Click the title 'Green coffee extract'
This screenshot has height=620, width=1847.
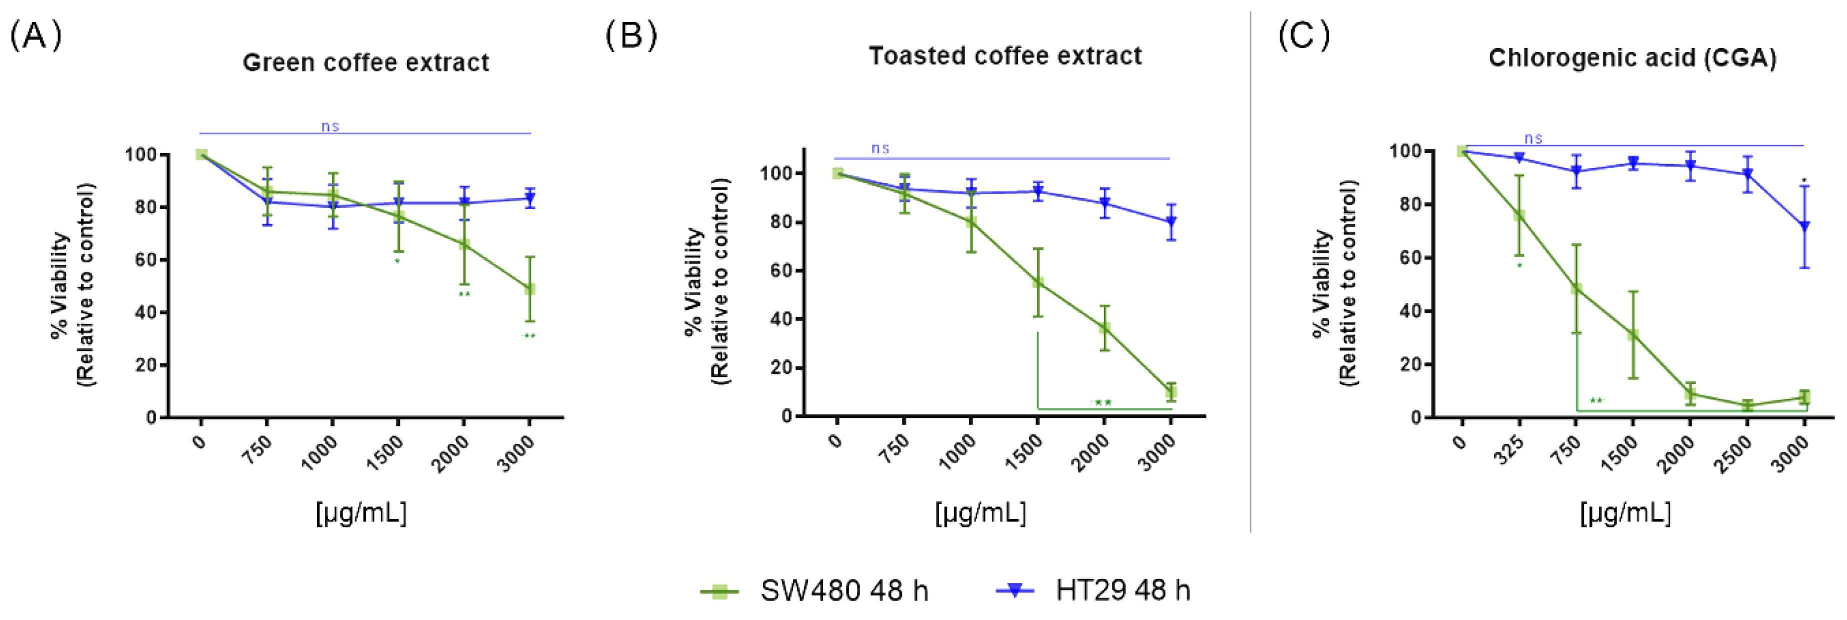365,63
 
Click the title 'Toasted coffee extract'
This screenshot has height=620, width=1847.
1004,56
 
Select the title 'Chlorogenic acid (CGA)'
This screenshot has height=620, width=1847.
1632,58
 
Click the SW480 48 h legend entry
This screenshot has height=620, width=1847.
814,590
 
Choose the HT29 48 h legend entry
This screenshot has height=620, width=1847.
1093,590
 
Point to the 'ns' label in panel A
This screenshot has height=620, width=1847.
330,126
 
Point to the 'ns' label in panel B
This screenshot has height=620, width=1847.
880,149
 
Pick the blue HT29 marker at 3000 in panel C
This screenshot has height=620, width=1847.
1804,227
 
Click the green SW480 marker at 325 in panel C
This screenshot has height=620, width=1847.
1518,215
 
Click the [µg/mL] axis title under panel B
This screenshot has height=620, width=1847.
980,512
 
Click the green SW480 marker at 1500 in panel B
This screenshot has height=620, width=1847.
1037,283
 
